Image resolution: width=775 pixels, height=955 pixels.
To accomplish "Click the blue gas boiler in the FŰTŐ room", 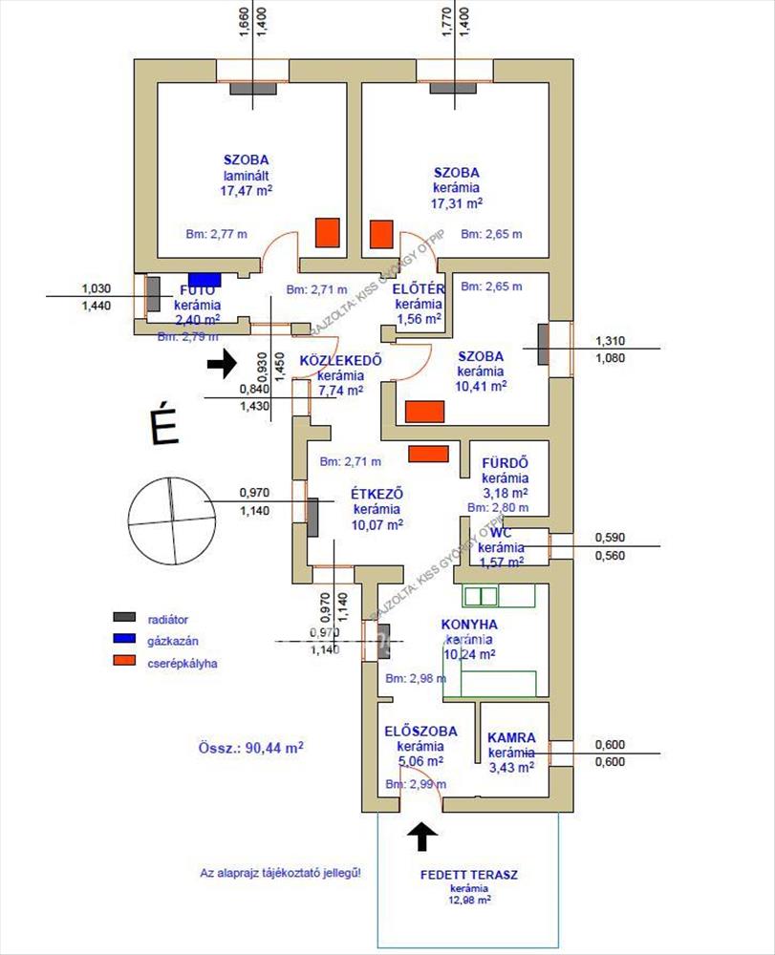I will [204, 280].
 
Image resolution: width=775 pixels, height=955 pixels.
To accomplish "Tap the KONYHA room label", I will [469, 625].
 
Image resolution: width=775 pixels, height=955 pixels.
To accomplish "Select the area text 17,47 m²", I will [246, 190].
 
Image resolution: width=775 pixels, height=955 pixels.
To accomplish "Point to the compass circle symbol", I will [167, 519].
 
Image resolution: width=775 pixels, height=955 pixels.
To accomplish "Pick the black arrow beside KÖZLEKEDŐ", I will [222, 364].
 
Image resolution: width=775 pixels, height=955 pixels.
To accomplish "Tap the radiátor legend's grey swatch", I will [125, 619].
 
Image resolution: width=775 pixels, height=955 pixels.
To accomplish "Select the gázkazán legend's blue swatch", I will [125, 640].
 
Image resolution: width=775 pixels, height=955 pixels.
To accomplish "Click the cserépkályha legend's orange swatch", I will [125, 661].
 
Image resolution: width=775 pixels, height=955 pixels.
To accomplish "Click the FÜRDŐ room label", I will [505, 464].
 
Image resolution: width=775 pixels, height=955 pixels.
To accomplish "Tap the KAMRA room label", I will [511, 737].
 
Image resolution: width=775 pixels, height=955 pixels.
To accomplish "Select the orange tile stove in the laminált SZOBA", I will [328, 232].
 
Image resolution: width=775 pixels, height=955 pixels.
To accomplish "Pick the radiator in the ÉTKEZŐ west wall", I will [312, 517].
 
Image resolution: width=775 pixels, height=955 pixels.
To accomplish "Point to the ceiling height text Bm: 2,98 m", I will [416, 679].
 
